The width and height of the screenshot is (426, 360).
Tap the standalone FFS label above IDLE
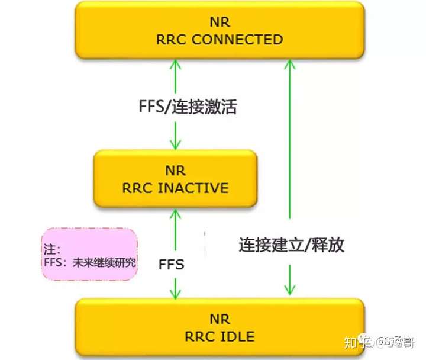pos(172,263)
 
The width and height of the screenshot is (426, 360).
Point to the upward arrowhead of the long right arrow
pos(289,63)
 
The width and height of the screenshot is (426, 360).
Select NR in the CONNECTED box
pos(220,22)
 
